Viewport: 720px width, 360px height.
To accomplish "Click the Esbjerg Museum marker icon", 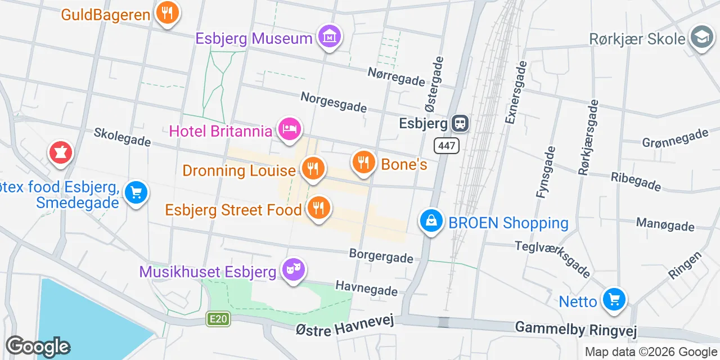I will click(x=329, y=37).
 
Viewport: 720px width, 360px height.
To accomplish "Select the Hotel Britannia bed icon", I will click(x=289, y=129).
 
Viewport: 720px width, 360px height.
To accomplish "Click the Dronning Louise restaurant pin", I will click(x=312, y=168).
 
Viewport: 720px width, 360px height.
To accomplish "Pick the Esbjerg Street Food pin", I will click(x=318, y=208).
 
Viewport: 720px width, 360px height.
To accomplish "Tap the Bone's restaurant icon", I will click(x=364, y=162).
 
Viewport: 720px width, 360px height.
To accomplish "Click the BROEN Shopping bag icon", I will click(x=431, y=221).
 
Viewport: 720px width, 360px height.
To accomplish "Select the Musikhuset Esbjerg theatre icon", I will click(x=292, y=270).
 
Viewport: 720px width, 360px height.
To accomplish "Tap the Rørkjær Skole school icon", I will click(x=701, y=37).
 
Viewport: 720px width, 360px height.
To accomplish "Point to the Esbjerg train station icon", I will click(x=460, y=123).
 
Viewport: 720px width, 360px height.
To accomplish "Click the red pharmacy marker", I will click(x=60, y=152).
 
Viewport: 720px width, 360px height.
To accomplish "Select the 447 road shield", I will click(x=447, y=146).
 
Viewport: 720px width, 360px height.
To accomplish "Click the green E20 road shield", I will click(x=218, y=319).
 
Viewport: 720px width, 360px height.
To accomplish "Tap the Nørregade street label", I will click(x=396, y=76).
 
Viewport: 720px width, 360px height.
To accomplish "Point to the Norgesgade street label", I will click(x=333, y=102).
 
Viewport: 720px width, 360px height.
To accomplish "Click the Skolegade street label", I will click(x=122, y=136).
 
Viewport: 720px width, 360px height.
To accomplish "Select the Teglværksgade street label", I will click(x=552, y=259).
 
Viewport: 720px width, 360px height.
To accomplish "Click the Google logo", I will click(x=38, y=346).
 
